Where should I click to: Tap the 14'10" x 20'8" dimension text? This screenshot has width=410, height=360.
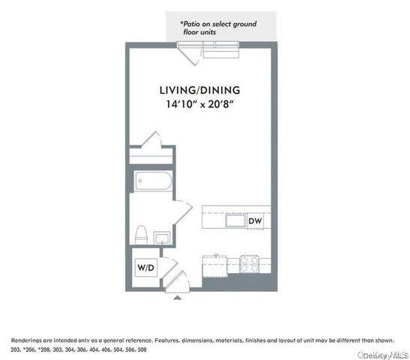197,105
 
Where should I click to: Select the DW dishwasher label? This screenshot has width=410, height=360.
254,221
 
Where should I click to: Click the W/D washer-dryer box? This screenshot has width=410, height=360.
145,267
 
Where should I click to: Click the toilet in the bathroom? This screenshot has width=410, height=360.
140,235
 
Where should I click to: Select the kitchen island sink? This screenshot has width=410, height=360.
237,220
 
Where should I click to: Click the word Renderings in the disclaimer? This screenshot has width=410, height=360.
27,340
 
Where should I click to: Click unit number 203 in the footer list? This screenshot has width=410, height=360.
16,350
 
